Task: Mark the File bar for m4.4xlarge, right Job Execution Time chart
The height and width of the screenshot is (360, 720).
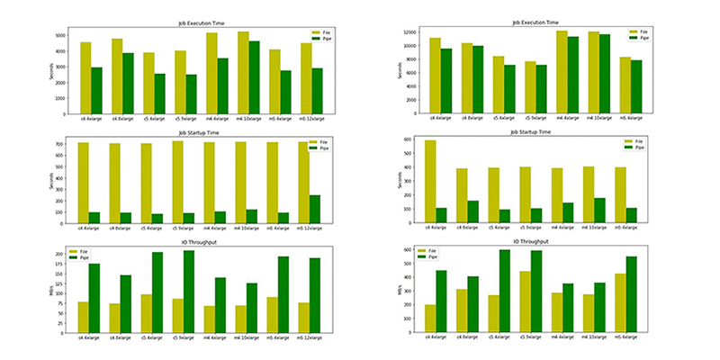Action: click(562, 72)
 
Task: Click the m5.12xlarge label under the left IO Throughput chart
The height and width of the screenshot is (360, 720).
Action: click(309, 337)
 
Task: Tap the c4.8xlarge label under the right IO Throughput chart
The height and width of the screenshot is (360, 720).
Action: click(473, 337)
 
